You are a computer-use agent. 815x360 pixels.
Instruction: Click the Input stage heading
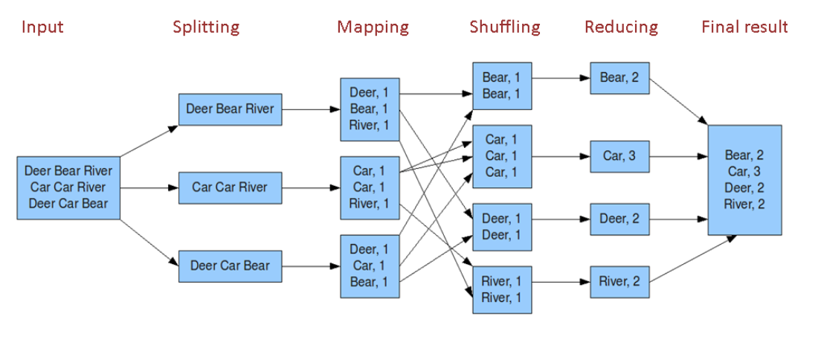[42, 28]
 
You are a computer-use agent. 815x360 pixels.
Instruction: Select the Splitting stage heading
[206, 28]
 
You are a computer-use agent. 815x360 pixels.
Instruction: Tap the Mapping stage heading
[373, 28]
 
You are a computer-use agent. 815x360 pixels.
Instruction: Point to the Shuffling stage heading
[504, 28]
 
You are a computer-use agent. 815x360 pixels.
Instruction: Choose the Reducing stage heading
[621, 28]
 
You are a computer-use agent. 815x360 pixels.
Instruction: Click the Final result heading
[744, 28]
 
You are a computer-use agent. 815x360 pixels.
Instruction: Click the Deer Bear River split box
[230, 109]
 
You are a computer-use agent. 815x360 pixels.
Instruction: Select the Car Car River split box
[230, 187]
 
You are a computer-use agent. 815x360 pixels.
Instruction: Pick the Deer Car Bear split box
[230, 266]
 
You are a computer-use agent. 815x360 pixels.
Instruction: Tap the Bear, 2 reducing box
[619, 77]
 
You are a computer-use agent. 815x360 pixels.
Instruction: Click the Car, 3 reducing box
[619, 156]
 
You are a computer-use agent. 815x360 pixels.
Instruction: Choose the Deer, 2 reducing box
[619, 219]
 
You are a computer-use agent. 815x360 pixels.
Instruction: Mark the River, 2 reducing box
[619, 281]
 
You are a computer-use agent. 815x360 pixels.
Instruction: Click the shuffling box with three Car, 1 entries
[501, 155]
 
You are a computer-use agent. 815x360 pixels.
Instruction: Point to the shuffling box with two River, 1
[501, 289]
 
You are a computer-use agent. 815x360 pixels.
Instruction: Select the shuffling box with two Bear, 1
[501, 86]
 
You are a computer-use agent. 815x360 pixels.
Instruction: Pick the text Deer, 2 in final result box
[744, 188]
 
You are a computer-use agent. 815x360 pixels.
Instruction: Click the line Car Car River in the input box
[68, 187]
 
